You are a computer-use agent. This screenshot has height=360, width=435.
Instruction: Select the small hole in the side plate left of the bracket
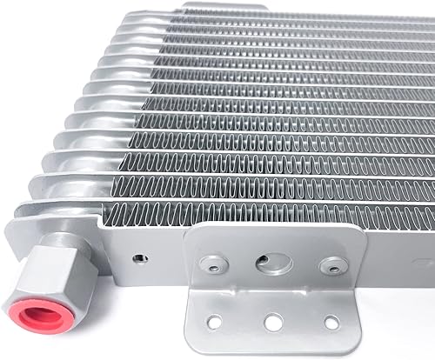pyautogui.click(x=137, y=258)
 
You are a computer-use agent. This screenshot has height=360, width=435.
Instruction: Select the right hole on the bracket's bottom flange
pyautogui.click(x=334, y=323)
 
